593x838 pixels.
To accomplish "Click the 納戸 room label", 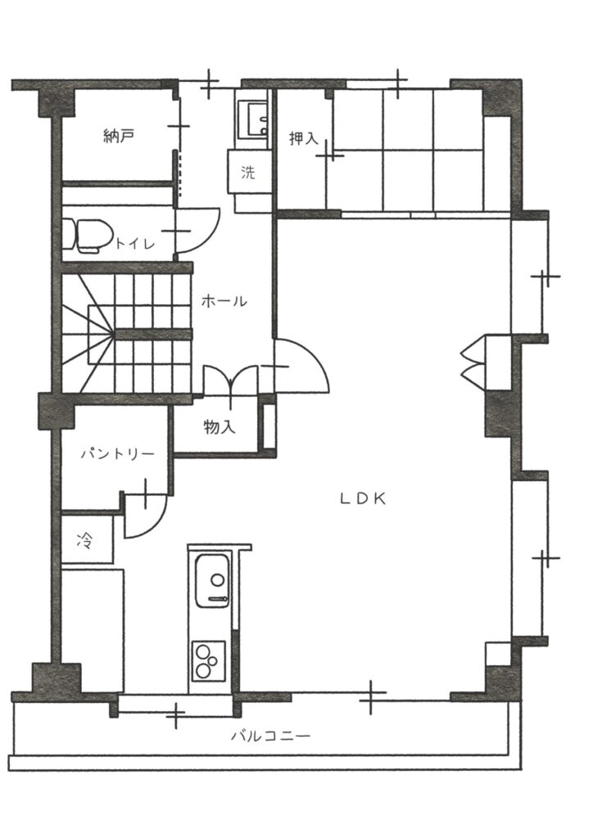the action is point(118,137).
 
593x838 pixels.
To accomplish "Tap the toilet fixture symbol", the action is point(87,235).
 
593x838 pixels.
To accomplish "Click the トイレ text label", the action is point(135,244).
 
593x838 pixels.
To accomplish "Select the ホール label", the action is point(224,301).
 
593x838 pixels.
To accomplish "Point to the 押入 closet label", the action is point(304,138).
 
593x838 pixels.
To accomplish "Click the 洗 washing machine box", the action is point(248,172).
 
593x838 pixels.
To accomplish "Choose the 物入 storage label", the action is point(220,427).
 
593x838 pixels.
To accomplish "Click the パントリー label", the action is point(118,454).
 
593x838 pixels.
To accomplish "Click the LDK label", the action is point(363,498).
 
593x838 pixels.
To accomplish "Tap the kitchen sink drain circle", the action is point(217,579).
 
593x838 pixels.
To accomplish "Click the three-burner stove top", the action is point(208,660).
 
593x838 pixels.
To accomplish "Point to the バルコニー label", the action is point(270,736).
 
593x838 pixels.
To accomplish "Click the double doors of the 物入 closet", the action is point(231,380).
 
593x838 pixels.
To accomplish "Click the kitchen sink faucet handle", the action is point(218,600).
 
